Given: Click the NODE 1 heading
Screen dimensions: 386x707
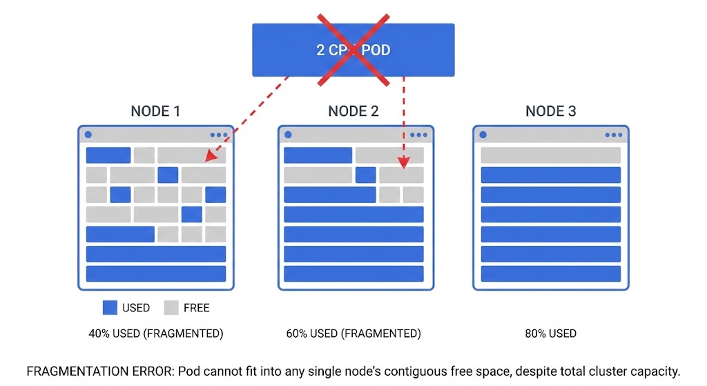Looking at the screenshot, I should [155, 111].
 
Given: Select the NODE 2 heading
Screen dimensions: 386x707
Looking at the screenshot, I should [353, 111].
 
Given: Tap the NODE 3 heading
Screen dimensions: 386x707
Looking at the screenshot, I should [550, 111].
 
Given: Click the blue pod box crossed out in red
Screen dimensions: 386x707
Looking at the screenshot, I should [353, 50].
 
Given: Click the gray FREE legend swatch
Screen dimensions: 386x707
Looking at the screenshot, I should [171, 307].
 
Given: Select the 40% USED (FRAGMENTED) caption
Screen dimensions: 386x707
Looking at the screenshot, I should [155, 334].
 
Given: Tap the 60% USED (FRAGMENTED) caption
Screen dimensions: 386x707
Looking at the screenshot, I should [353, 334].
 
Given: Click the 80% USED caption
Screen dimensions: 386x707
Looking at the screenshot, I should [550, 334].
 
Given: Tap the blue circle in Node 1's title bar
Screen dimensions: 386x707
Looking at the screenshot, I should [88, 135].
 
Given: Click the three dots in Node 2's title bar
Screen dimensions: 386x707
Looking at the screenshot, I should [418, 135].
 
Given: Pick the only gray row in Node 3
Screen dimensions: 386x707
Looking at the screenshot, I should [550, 155].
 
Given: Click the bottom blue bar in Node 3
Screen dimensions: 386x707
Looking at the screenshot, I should [550, 273].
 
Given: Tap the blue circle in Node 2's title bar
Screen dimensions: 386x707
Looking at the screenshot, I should [288, 135].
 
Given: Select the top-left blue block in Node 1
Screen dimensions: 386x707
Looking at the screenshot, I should [108, 155].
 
